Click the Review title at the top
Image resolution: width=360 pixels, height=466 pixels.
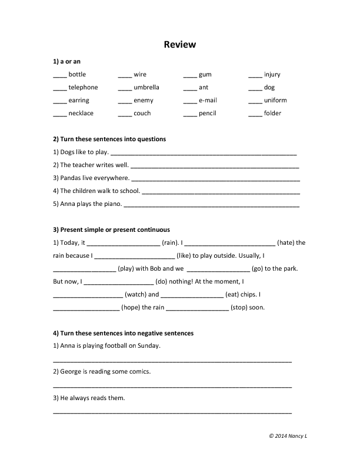[x=179, y=45]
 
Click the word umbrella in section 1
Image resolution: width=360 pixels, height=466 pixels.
[x=146, y=88]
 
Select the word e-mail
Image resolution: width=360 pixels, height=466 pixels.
[x=208, y=101]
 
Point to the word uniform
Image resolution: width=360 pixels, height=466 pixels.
[x=275, y=101]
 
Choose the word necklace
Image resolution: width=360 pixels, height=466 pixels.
[x=81, y=114]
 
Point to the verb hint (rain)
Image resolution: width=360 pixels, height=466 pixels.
[x=170, y=242]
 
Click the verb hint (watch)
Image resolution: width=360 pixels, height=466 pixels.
[x=135, y=294]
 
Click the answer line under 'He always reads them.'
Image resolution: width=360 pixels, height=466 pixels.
[x=172, y=412]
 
